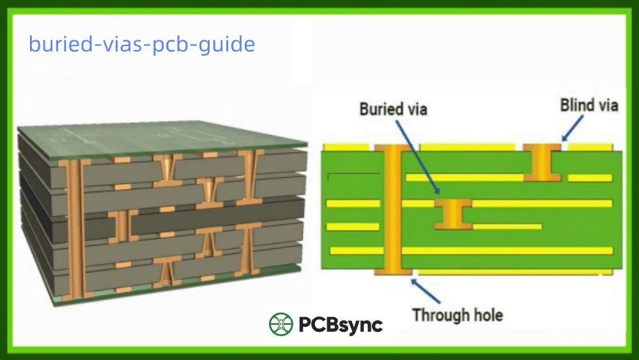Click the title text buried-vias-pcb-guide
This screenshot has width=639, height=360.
coord(142,45)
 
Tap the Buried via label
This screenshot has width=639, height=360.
coord(393,109)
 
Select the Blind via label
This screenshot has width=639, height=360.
coord(589,105)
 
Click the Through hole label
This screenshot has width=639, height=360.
coord(457,315)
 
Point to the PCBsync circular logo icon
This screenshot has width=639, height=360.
coord(281,324)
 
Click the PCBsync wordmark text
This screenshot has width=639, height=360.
coord(341,325)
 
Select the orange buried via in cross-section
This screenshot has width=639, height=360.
coord(452,214)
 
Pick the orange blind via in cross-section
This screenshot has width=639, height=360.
coord(542,162)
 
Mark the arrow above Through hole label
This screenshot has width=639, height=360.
coord(427,291)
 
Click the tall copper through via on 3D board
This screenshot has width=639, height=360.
coord(74,227)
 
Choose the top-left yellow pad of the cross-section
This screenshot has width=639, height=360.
coord(346,147)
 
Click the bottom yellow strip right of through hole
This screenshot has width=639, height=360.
coord(511,272)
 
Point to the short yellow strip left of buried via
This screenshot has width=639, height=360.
coord(353,226)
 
